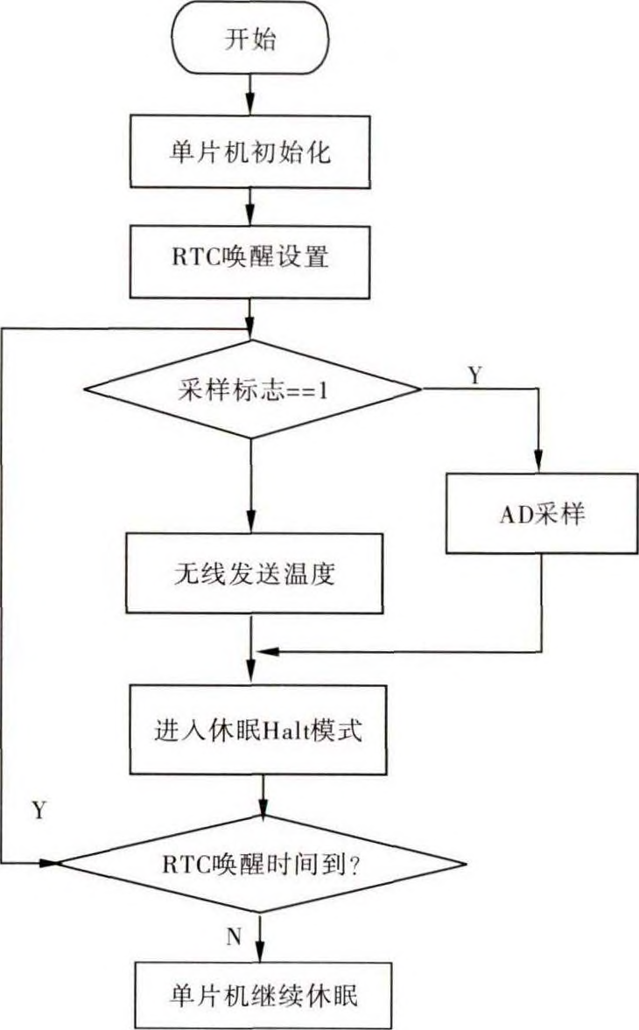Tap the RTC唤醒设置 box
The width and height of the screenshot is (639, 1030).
click(x=252, y=261)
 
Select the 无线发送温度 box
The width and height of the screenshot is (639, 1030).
click(x=252, y=575)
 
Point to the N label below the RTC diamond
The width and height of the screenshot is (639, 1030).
click(x=234, y=937)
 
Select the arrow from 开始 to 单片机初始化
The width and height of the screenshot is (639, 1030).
click(x=252, y=92)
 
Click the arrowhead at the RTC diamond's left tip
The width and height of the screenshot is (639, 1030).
click(x=48, y=863)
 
